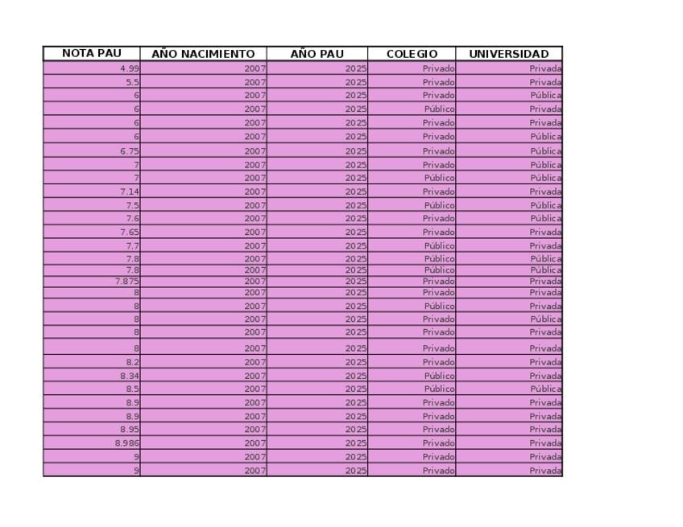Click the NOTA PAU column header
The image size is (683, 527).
[x=91, y=54]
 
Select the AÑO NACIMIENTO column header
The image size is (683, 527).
[x=203, y=54]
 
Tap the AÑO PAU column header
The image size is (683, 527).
[x=317, y=54]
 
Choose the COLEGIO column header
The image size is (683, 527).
[x=412, y=54]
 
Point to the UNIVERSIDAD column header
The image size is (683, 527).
[x=509, y=54]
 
